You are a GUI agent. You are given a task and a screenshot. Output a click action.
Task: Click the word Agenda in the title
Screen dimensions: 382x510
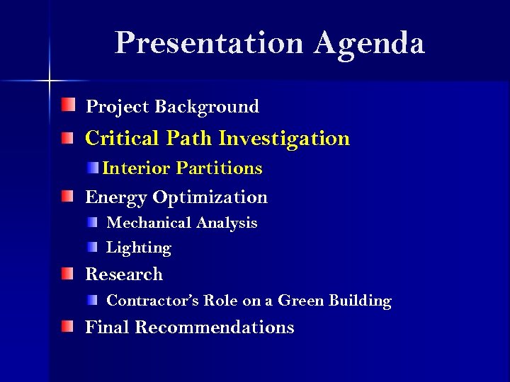(370, 43)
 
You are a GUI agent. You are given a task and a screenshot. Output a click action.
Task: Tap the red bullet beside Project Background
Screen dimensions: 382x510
(67, 106)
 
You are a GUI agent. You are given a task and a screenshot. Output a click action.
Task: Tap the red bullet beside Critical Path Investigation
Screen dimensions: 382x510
(67, 137)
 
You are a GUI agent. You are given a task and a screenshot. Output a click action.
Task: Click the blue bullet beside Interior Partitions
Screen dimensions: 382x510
(93, 168)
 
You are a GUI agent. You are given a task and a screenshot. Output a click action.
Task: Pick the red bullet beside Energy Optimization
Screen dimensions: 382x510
(67, 196)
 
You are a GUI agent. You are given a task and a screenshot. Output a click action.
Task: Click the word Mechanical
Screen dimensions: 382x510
(149, 223)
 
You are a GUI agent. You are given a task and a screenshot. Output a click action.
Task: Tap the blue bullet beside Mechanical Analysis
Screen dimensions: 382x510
(93, 222)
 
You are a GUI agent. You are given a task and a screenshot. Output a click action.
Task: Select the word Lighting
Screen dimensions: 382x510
(139, 248)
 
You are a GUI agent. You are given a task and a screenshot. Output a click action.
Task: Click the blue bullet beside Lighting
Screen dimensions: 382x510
(93, 247)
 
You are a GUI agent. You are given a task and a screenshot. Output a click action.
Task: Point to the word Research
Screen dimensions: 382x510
(124, 274)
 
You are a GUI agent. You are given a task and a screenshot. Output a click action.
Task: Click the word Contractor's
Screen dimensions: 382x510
(152, 301)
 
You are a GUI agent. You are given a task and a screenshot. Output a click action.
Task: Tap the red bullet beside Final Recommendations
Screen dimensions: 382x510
(67, 326)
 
